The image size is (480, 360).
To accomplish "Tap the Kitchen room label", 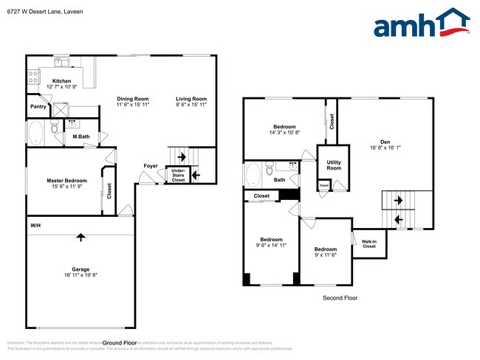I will (x=61, y=81).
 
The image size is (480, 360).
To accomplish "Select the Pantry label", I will (x=38, y=106).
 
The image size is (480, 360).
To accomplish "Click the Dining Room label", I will (x=133, y=99).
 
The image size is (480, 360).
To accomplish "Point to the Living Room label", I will (x=191, y=99).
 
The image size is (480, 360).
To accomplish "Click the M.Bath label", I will (x=81, y=136).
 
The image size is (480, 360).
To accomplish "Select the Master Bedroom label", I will (x=66, y=181).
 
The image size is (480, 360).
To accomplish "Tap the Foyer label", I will (x=151, y=166).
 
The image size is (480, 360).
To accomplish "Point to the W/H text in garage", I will (x=35, y=225).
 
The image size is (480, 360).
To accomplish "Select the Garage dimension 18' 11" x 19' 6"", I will (x=80, y=275).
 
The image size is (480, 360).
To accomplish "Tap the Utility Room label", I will (x=334, y=166).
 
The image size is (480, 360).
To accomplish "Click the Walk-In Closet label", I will (x=368, y=243).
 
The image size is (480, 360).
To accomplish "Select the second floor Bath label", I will (x=279, y=179).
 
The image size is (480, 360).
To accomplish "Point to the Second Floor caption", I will (x=340, y=298).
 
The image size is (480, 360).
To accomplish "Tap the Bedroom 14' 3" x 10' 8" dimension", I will (x=285, y=133).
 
